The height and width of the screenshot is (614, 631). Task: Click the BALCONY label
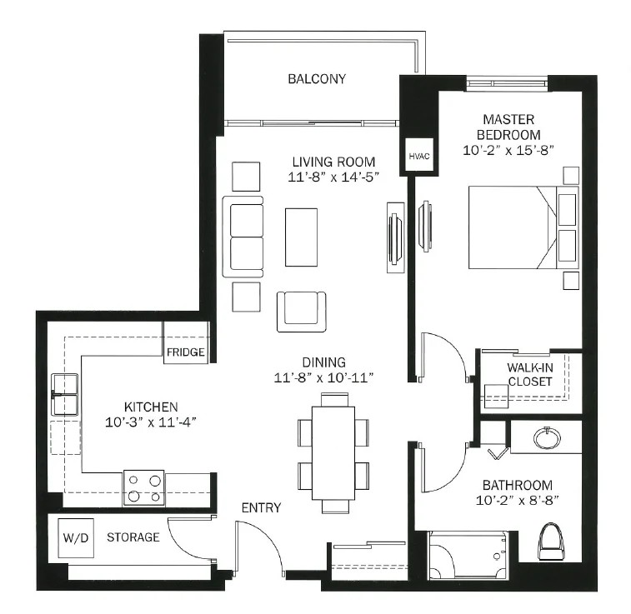(317, 79)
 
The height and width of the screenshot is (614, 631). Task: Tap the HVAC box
(419, 155)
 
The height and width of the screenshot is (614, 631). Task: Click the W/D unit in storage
(76, 537)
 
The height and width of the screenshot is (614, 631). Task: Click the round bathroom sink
(547, 438)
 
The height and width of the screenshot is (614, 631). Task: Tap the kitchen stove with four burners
(143, 487)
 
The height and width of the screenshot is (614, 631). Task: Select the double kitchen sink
(65, 394)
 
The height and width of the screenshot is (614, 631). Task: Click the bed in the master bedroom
(523, 227)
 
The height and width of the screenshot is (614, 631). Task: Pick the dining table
(333, 453)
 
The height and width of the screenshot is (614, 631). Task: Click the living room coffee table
(301, 237)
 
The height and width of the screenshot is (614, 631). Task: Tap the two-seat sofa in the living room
(243, 237)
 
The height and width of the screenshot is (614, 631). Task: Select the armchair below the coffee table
(301, 312)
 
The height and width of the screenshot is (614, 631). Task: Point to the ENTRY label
(261, 508)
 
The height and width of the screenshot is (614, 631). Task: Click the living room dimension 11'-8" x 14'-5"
(333, 177)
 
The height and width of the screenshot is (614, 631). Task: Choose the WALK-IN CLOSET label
(530, 374)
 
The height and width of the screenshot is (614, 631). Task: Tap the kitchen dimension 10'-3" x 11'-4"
(151, 422)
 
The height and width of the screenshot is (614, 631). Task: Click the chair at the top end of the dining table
(334, 400)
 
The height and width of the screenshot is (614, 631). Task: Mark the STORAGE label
(133, 537)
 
